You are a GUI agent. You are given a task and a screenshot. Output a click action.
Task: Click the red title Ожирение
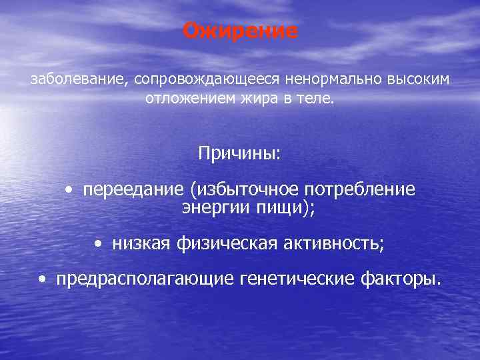(x=241, y=31)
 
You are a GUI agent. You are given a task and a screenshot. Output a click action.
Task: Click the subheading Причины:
(x=240, y=153)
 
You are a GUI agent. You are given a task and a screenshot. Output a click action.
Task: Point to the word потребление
(x=357, y=190)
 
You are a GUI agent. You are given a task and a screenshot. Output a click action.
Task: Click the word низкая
(x=141, y=244)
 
